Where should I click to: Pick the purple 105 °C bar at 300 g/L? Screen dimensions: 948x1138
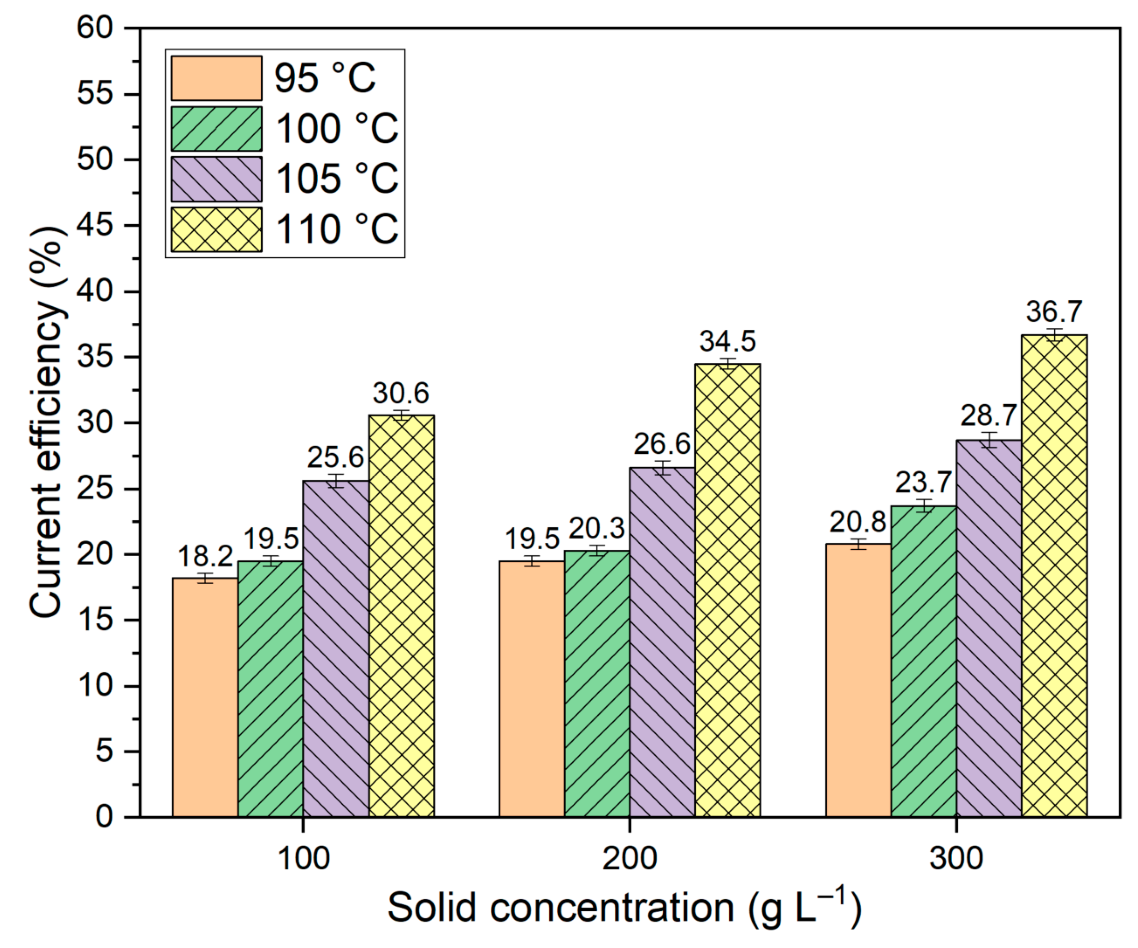(989, 629)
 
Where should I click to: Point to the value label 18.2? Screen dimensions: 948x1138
(205, 556)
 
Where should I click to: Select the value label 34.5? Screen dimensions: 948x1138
(727, 342)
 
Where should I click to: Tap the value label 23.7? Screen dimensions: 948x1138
(923, 482)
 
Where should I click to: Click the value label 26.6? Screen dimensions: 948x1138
(662, 445)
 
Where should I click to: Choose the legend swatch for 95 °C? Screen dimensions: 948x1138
(216, 78)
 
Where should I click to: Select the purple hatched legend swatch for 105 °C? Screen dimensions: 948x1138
(216, 179)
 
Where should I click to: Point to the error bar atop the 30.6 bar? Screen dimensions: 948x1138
(401, 416)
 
